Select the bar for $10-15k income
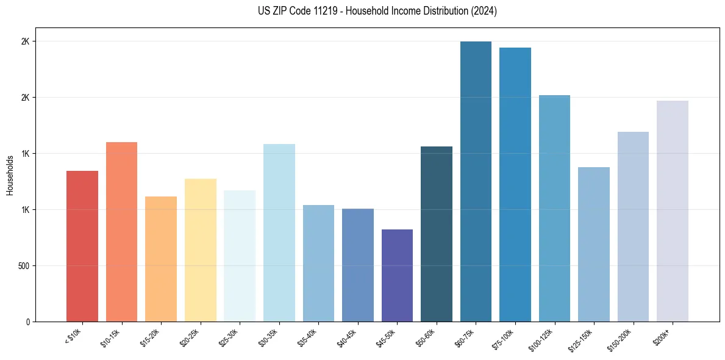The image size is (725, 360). (121, 232)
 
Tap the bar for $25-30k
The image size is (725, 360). (240, 256)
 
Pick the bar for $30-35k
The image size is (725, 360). (279, 232)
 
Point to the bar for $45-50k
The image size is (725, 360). (397, 275)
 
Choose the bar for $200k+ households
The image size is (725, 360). (673, 211)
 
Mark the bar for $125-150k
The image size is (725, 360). (594, 244)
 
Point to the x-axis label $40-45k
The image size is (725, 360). (348, 337)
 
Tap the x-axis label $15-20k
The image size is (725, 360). (151, 337)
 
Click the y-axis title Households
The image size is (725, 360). (10, 175)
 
